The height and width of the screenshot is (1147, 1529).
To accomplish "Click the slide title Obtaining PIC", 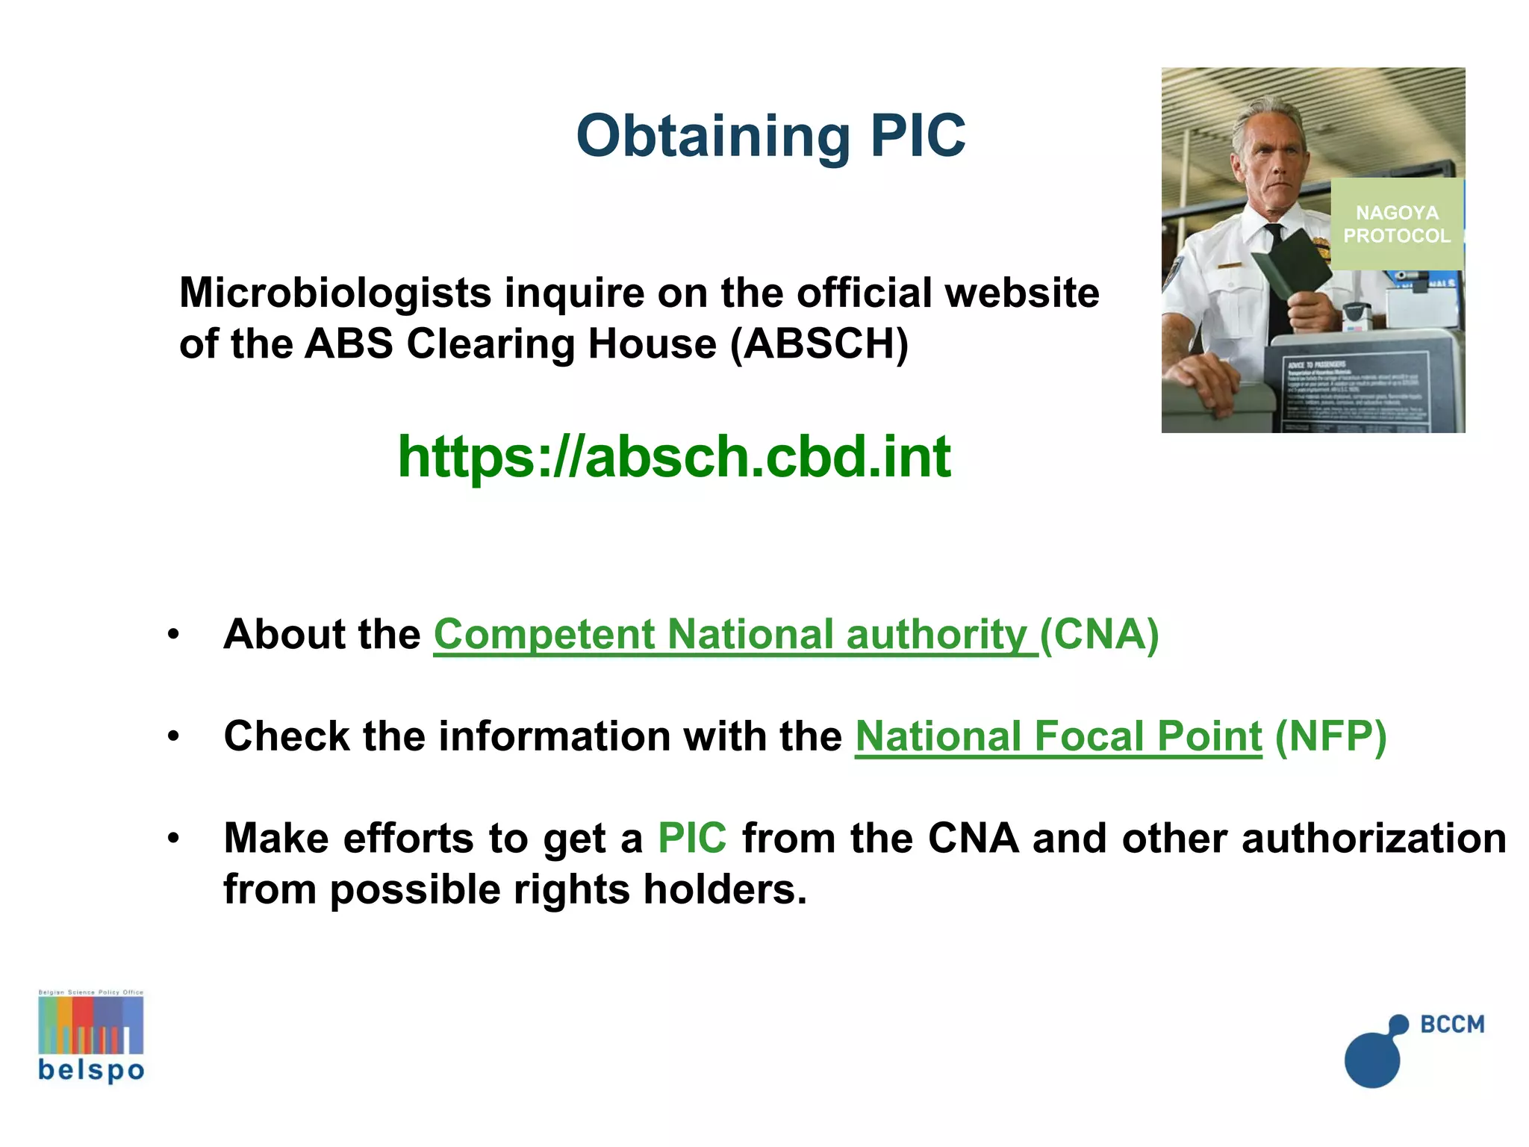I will click(x=770, y=136).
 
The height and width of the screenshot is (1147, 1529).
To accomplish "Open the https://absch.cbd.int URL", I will click(x=674, y=456).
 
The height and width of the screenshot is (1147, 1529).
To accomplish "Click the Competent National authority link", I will click(x=735, y=635).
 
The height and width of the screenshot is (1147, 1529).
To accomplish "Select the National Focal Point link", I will click(x=1058, y=737).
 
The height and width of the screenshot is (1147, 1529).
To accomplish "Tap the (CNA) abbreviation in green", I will click(x=1099, y=635).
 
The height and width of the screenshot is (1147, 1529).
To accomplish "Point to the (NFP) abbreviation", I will click(x=1330, y=737).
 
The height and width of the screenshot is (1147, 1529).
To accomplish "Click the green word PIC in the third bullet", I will click(x=692, y=838).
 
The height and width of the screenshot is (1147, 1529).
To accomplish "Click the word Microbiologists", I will click(x=334, y=293).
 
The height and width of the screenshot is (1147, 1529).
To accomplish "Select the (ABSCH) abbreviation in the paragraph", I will click(x=819, y=344).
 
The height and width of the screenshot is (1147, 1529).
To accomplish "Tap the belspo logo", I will click(x=91, y=1038).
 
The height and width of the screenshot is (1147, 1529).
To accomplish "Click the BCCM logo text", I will click(x=1452, y=1024).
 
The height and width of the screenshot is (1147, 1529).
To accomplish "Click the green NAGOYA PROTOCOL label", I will click(x=1396, y=224).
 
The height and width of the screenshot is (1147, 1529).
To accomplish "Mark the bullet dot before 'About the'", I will click(x=174, y=635).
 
